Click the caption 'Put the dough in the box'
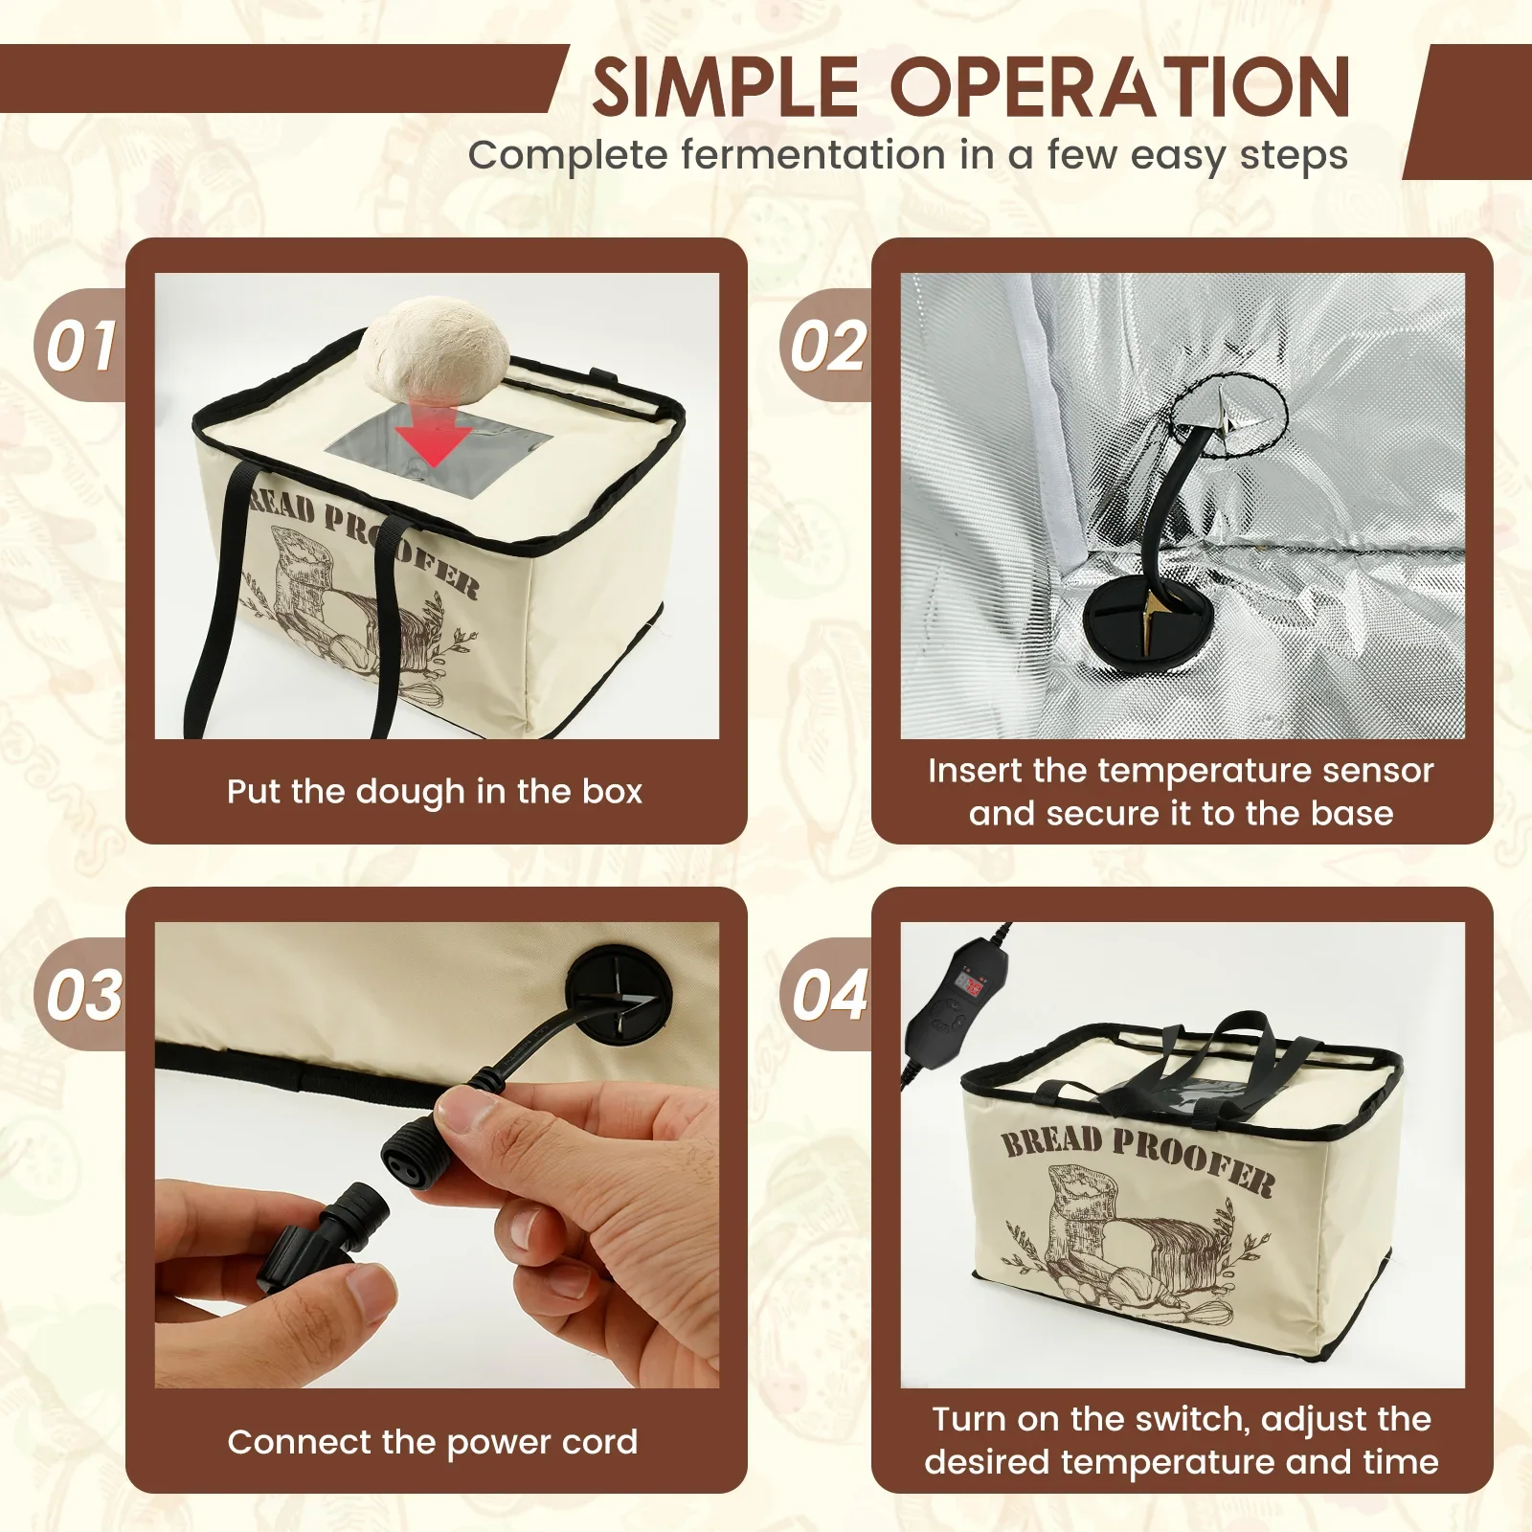click(x=435, y=792)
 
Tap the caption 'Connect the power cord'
click(x=433, y=1442)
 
